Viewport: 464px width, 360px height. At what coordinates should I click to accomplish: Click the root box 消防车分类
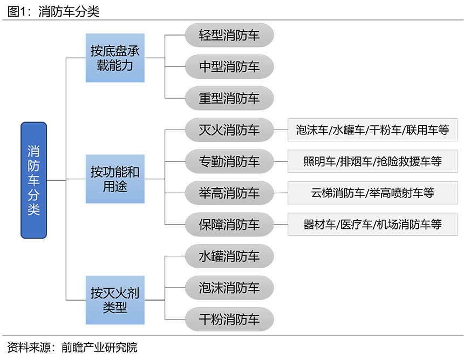pyautogui.click(x=33, y=180)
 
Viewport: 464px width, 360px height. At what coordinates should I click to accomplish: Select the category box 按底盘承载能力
pyautogui.click(x=115, y=58)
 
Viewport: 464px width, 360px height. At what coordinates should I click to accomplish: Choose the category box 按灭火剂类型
pyautogui.click(x=115, y=300)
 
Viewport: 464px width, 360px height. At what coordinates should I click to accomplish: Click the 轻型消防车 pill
pyautogui.click(x=229, y=36)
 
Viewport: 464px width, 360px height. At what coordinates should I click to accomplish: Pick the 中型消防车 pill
pyautogui.click(x=229, y=67)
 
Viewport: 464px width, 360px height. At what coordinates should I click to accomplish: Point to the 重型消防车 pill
pyautogui.click(x=229, y=98)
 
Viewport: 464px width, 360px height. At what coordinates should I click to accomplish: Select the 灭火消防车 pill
pyautogui.click(x=229, y=130)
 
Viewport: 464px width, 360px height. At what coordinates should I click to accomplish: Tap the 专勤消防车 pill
pyautogui.click(x=229, y=161)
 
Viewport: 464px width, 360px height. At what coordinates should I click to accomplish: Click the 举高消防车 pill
pyautogui.click(x=229, y=193)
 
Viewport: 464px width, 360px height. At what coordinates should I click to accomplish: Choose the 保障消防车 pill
pyautogui.click(x=229, y=224)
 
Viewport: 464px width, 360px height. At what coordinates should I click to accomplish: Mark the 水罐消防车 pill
pyautogui.click(x=229, y=256)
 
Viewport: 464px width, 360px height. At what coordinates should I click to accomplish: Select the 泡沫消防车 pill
pyautogui.click(x=229, y=287)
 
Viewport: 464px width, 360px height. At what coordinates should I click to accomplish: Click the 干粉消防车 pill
pyautogui.click(x=229, y=319)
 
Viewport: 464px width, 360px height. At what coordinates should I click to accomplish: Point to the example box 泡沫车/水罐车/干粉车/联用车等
pyautogui.click(x=372, y=130)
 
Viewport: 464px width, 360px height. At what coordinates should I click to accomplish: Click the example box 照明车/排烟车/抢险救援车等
pyautogui.click(x=372, y=161)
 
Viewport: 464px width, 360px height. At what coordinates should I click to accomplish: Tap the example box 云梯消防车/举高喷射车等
pyautogui.click(x=372, y=193)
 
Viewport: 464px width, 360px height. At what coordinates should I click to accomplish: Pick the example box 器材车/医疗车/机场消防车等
pyautogui.click(x=372, y=224)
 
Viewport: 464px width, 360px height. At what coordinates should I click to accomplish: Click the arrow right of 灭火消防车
pyautogui.click(x=281, y=130)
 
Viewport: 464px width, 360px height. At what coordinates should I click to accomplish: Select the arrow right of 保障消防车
pyautogui.click(x=281, y=224)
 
